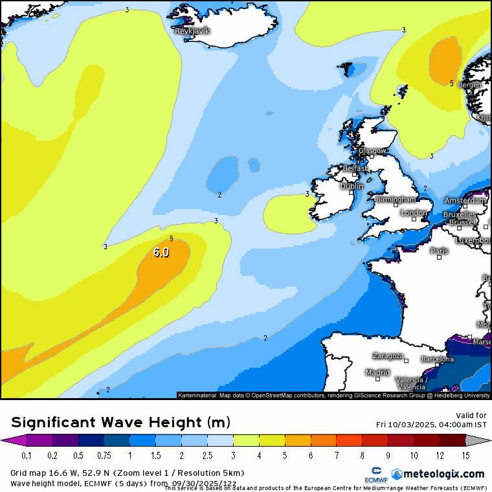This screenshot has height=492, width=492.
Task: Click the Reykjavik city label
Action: (192, 30)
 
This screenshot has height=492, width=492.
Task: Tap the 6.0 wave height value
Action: (161, 252)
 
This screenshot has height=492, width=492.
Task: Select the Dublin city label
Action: (352, 186)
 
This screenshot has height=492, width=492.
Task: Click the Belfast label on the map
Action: (354, 168)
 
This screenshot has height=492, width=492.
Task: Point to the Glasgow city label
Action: (372, 151)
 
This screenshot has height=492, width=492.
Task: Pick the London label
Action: (414, 213)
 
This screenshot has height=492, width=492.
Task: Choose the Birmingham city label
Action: (396, 199)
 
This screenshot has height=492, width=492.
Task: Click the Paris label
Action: (440, 251)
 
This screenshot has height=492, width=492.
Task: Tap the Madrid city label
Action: (377, 373)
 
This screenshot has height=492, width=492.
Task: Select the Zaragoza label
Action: (388, 356)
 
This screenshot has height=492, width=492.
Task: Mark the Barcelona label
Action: (437, 359)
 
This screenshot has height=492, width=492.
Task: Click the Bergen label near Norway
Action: (470, 85)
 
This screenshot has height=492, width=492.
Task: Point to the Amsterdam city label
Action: (465, 201)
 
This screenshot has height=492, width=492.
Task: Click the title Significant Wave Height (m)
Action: (120, 423)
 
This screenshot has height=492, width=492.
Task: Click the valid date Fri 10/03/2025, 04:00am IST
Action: (431, 425)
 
